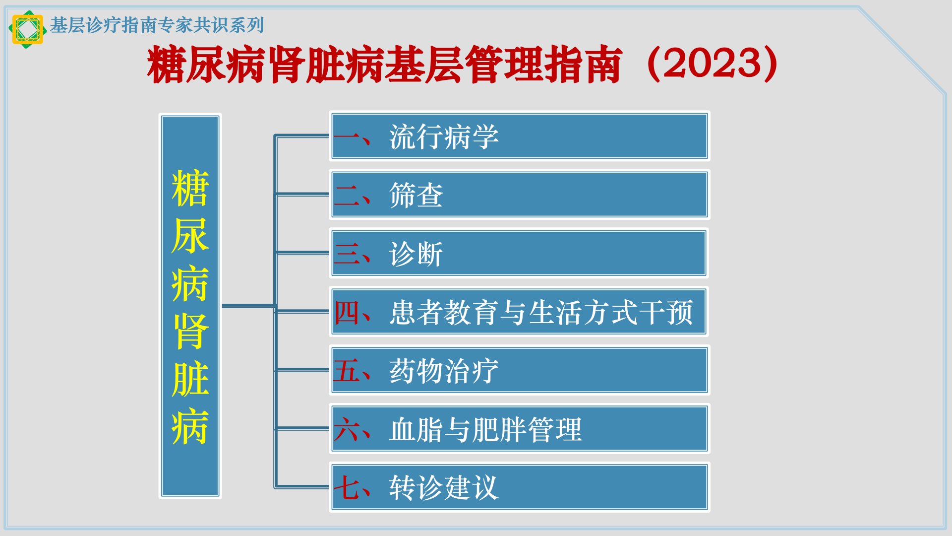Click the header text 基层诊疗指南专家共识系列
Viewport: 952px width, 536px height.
click(x=157, y=25)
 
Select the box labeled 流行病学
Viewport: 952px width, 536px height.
click(x=519, y=136)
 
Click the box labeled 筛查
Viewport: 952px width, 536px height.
click(x=519, y=195)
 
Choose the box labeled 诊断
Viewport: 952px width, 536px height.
click(x=519, y=253)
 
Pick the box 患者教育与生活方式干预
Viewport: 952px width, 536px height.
click(x=519, y=312)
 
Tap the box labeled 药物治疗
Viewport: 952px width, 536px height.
click(x=519, y=370)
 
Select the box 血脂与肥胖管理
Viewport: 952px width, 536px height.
click(x=519, y=429)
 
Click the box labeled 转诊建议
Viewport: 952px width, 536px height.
click(x=519, y=487)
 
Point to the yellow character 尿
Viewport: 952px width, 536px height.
click(x=190, y=235)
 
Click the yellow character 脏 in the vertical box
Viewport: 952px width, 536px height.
click(x=190, y=378)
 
